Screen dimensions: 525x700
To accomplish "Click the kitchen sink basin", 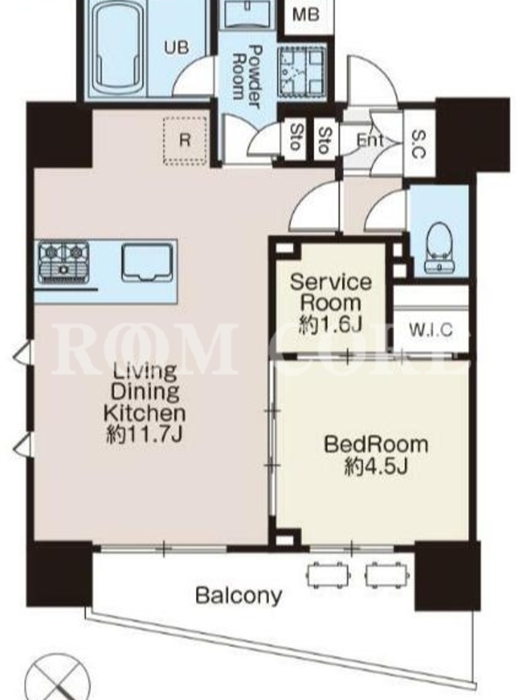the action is [147, 262].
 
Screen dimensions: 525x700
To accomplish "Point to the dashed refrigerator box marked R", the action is [185, 141].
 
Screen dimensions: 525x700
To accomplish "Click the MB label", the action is [306, 15].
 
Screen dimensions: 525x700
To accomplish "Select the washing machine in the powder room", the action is [302, 72].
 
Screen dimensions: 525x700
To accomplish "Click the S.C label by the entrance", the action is [418, 143].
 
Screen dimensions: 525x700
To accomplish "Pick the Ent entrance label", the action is [369, 141].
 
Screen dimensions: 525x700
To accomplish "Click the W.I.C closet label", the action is [430, 330].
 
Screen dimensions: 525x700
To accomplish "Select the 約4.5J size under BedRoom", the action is [376, 467].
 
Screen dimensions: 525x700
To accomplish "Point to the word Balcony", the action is [239, 596].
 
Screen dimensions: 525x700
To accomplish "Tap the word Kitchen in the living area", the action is [144, 413].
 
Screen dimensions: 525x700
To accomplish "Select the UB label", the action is [177, 47].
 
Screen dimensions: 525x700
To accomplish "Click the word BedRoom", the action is [376, 444].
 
